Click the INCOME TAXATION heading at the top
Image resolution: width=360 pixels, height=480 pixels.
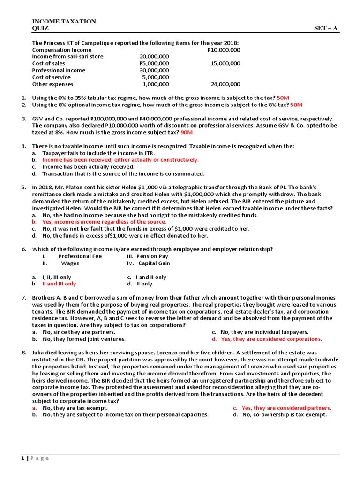point(64,22)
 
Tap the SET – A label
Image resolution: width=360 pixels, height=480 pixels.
point(326,28)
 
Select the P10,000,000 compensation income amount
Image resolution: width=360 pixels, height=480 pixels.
point(224,50)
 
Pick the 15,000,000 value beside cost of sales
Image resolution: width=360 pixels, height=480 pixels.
point(225,63)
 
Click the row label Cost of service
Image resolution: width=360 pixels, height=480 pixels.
point(51,77)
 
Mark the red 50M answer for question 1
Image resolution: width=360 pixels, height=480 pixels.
point(284,98)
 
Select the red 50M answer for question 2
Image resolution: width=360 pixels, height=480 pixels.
point(296,105)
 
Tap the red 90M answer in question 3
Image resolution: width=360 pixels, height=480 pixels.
point(187,133)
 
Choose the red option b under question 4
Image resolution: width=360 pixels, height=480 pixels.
point(120,160)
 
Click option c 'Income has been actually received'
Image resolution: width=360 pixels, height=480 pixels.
point(88,167)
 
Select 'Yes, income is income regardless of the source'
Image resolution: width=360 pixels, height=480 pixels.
point(104,222)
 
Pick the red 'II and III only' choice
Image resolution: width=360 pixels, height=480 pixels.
point(59,284)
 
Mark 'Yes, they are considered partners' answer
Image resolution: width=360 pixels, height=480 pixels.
point(286,408)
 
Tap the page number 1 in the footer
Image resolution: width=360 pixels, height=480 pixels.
point(22,458)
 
